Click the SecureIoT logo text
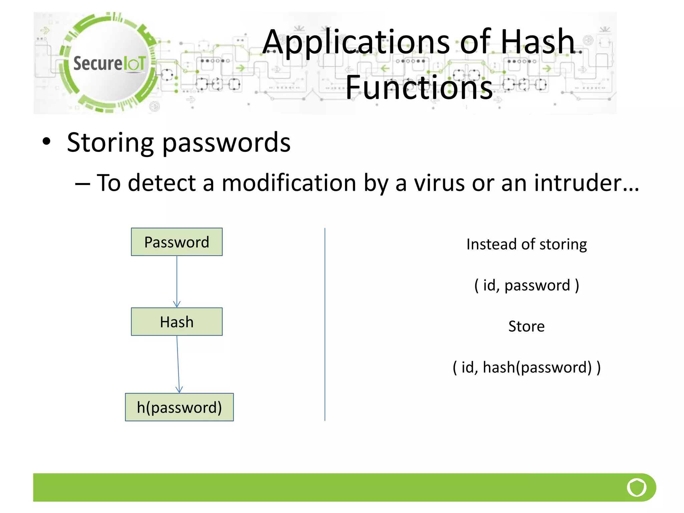[109, 63]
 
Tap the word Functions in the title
[419, 88]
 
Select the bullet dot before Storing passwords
[46, 142]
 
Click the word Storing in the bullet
[110, 143]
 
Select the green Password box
[177, 242]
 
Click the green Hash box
[177, 322]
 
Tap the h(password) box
[179, 407]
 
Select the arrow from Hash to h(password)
[178, 364]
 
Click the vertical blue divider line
[325, 324]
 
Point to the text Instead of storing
[526, 244]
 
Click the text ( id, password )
[526, 286]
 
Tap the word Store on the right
[526, 326]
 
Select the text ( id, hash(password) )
[526, 367]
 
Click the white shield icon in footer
[637, 487]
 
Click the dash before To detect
[82, 184]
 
